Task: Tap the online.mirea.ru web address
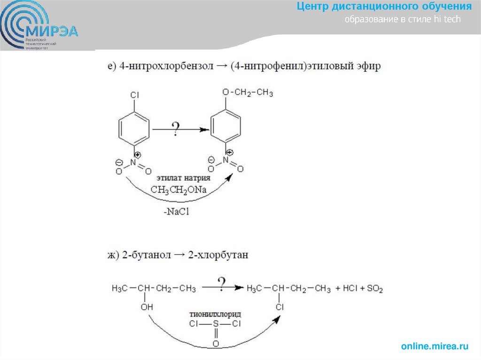[x=434, y=346]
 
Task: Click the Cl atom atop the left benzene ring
[x=135, y=95]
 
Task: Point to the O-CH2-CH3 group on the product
[x=248, y=92]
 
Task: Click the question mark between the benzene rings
[x=176, y=128]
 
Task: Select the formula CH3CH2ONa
[x=178, y=190]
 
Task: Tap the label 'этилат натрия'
[x=181, y=179]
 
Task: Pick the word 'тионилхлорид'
[x=215, y=313]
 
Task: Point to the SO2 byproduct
[x=374, y=289]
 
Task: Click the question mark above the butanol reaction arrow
[x=221, y=283]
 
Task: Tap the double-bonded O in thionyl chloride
[x=216, y=344]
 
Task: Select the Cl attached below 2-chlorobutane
[x=279, y=307]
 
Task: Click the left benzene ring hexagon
[x=135, y=127]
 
